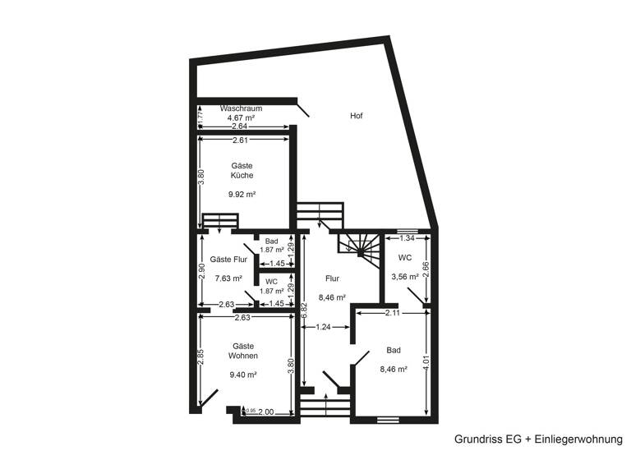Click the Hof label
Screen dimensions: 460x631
356,116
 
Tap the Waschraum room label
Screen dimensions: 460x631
241,108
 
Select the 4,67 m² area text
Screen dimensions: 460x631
241,118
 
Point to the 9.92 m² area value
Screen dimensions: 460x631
242,195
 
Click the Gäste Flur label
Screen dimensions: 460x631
228,260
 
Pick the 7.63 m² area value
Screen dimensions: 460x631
228,278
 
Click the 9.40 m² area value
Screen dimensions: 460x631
244,375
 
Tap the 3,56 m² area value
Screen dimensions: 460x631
404,277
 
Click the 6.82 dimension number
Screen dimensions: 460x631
304,310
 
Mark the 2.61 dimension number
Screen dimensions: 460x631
241,140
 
